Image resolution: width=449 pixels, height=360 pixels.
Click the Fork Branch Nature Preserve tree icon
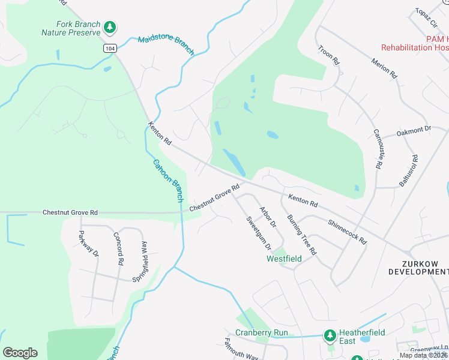point(109,27)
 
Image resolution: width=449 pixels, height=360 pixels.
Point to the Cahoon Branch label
point(167,180)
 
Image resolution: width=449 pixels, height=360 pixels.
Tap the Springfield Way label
point(140,261)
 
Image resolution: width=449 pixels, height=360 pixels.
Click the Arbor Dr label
point(267,217)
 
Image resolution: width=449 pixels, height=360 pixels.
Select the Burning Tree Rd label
point(301,235)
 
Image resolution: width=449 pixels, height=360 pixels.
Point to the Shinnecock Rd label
point(347,230)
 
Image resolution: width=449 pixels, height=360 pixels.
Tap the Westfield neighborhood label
point(284,259)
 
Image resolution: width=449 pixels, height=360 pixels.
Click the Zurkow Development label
point(418,268)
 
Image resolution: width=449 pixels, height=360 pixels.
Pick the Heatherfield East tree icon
point(329,334)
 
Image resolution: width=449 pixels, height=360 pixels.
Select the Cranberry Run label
point(261,332)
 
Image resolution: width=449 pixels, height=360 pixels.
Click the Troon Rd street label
point(329,55)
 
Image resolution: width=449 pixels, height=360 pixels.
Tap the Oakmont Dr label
point(414,130)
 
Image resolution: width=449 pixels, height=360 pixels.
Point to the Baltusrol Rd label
point(408,170)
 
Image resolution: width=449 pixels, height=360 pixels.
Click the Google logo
point(20,352)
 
